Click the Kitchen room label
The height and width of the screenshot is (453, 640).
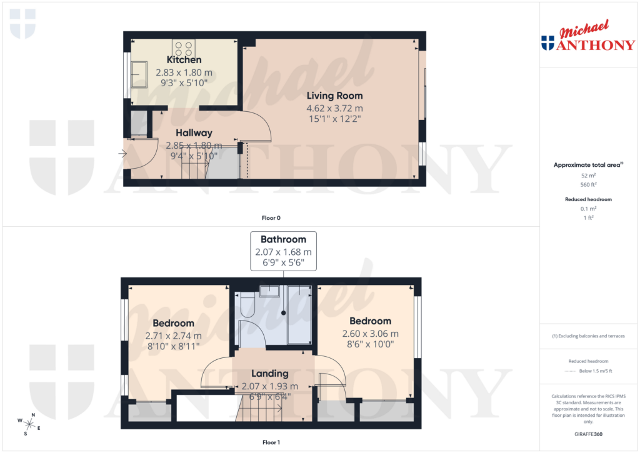pyautogui.click(x=184, y=60)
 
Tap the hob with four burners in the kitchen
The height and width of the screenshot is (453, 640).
pyautogui.click(x=184, y=48)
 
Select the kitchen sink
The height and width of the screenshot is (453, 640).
pyautogui.click(x=139, y=74)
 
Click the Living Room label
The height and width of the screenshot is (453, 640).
pyautogui.click(x=334, y=96)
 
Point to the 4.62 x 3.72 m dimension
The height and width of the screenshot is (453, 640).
pyautogui.click(x=334, y=107)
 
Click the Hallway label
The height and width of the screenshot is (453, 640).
pyautogui.click(x=194, y=132)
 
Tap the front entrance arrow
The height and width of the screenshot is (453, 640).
pyautogui.click(x=122, y=152)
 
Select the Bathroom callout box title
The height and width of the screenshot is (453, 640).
pyautogui.click(x=283, y=239)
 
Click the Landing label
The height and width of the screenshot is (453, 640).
pyautogui.click(x=269, y=373)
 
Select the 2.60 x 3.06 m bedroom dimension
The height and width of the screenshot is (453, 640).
pyautogui.click(x=370, y=334)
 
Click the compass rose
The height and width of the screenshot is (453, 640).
pyautogui.click(x=29, y=424)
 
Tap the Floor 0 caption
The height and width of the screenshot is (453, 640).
pyautogui.click(x=271, y=218)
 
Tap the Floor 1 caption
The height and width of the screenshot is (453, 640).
pyautogui.click(x=271, y=442)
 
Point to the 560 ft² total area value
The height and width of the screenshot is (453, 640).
pyautogui.click(x=587, y=185)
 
